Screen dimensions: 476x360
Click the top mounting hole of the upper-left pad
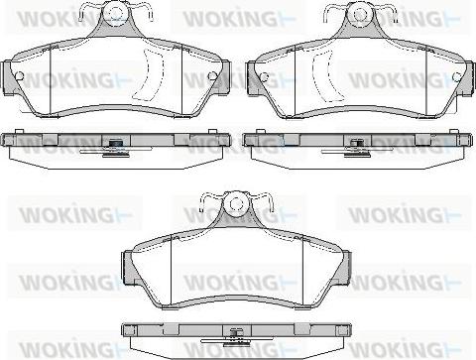[115, 13]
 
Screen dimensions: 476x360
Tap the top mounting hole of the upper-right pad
[360, 13]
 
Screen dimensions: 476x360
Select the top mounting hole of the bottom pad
[236, 202]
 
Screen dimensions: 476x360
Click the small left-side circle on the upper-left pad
[20, 76]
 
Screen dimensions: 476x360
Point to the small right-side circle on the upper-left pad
[211, 76]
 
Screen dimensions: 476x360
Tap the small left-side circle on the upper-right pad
[264, 77]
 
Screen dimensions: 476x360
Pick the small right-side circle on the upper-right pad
[456, 76]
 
